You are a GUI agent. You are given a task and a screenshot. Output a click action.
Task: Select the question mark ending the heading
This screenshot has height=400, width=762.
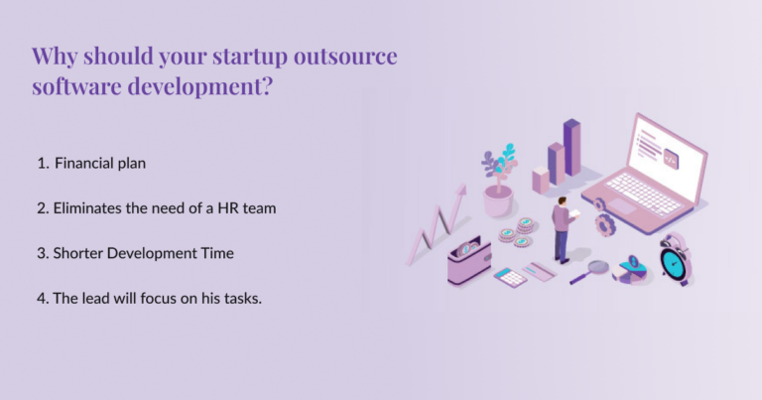[268, 86]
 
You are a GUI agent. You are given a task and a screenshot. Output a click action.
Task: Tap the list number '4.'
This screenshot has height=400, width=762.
[44, 299]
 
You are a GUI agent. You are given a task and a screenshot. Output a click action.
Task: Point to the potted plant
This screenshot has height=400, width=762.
[498, 183]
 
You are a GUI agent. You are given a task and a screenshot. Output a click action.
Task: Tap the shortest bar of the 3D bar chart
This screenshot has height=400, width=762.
[541, 180]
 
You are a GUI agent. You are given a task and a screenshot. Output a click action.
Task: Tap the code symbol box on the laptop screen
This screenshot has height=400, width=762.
[672, 157]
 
